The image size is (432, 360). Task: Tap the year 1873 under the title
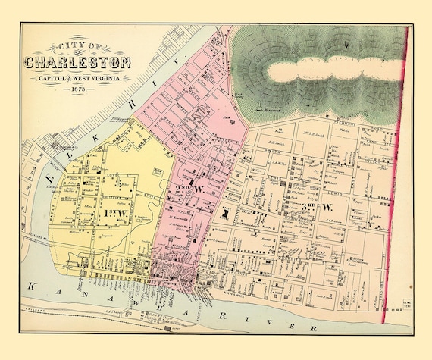point(78,90)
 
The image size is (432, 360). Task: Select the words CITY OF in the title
point(79,45)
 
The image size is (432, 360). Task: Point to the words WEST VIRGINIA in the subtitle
point(103,77)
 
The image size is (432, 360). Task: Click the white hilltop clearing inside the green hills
point(333,73)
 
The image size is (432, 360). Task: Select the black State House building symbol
point(225,215)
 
